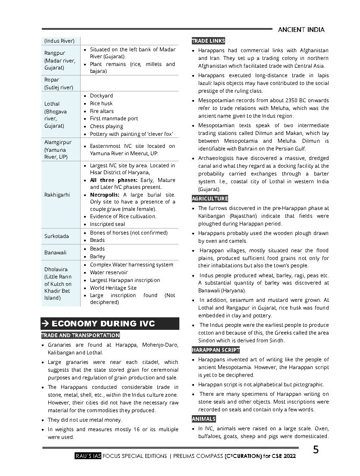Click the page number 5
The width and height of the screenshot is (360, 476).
(316, 450)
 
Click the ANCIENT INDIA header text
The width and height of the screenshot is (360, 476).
(301, 30)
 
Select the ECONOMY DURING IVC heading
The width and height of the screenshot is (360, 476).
(103, 324)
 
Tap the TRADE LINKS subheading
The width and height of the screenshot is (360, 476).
(208, 41)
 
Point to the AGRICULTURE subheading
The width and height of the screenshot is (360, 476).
(210, 199)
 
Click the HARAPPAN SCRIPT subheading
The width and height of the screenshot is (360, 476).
(216, 350)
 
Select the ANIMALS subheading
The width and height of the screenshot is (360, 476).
(203, 419)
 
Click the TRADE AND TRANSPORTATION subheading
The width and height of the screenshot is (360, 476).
(81, 335)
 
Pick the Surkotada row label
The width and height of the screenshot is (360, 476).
(56, 236)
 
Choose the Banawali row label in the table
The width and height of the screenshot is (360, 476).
(55, 252)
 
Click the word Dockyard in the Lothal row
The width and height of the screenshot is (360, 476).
(101, 96)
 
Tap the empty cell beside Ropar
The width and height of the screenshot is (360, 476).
(129, 83)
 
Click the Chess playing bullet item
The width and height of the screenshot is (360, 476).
(106, 126)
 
